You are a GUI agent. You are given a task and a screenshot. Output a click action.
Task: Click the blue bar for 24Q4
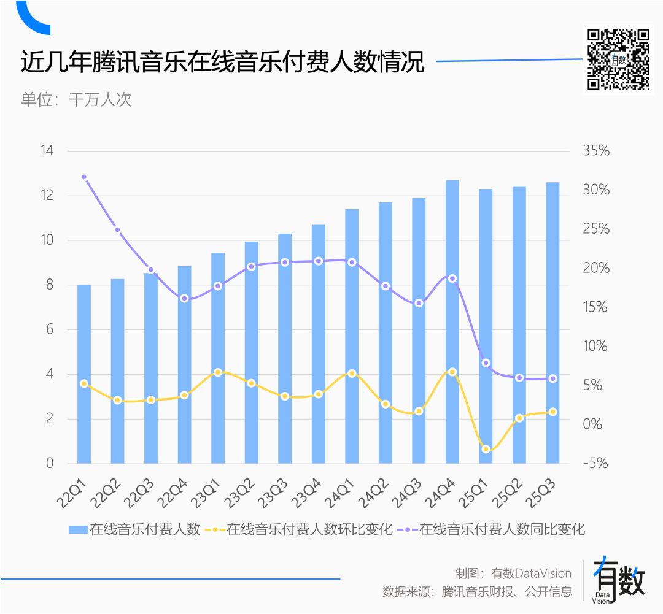[x=452, y=321]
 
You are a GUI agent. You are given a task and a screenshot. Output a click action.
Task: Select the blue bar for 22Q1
[x=84, y=374]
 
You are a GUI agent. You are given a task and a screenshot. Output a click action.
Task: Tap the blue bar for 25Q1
[x=486, y=326]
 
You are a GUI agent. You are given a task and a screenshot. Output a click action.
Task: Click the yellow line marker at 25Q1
[x=486, y=450]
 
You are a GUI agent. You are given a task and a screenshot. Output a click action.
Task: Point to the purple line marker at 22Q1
[x=84, y=177]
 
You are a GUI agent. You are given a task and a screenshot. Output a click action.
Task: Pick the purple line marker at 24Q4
[x=452, y=278]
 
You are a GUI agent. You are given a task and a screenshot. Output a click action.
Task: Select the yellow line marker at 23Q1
[x=218, y=372]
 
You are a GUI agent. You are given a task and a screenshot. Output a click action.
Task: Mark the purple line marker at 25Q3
[x=552, y=378]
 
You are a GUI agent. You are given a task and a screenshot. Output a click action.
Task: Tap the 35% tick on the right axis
[x=596, y=151]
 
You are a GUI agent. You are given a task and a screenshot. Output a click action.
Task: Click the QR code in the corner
[x=618, y=59]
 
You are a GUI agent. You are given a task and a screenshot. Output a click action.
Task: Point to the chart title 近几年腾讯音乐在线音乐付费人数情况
[x=223, y=63]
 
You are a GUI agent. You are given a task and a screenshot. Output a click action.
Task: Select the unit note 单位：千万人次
[x=77, y=99]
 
